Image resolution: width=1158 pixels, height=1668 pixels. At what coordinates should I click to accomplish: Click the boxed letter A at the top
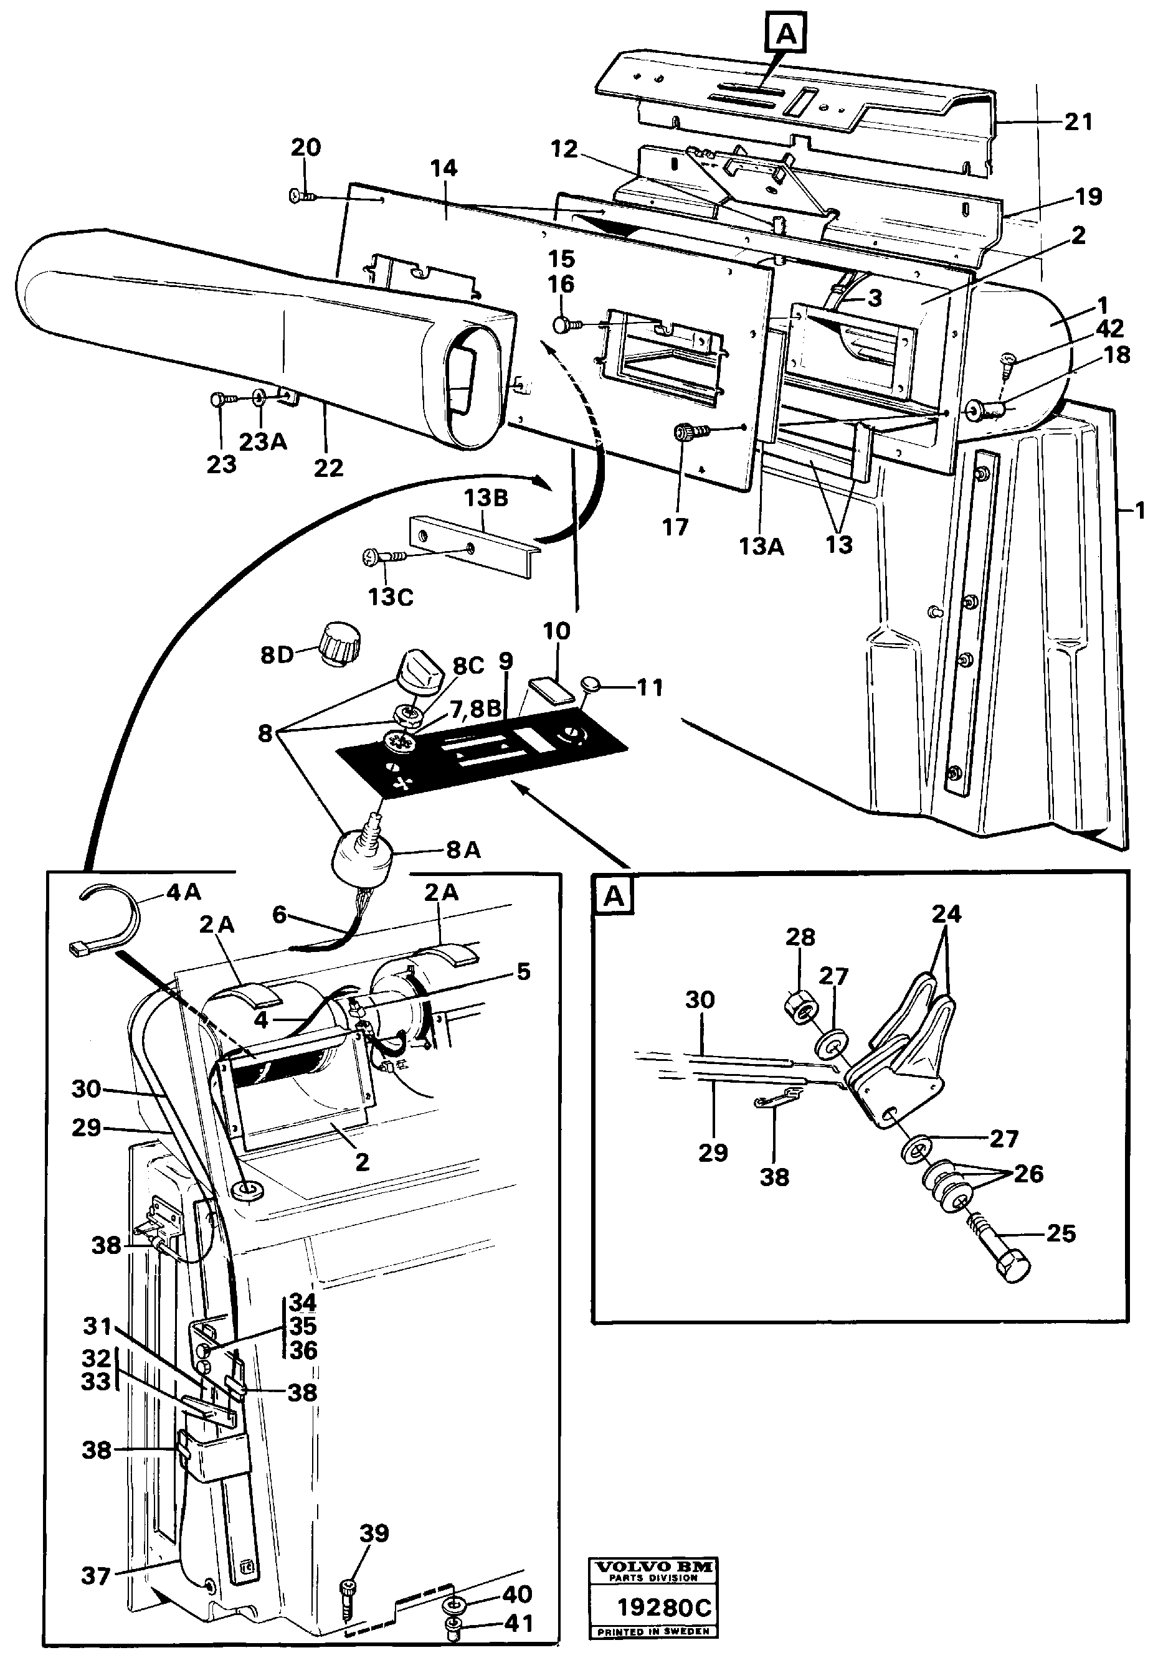tap(787, 34)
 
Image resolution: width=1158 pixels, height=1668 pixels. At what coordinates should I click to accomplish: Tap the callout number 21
tap(1078, 121)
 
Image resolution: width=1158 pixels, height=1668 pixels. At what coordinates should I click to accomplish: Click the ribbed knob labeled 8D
tap(339, 641)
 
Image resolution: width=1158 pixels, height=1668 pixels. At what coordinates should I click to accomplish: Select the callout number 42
tap(1109, 329)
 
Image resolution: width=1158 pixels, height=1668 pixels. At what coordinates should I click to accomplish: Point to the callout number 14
tap(444, 168)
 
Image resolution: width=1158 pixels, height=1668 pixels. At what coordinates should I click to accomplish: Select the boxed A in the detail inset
tap(614, 897)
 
